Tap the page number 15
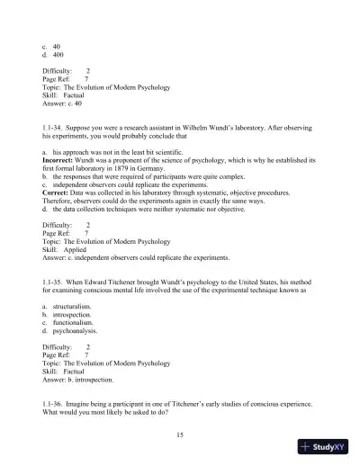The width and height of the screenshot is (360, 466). (181, 435)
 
